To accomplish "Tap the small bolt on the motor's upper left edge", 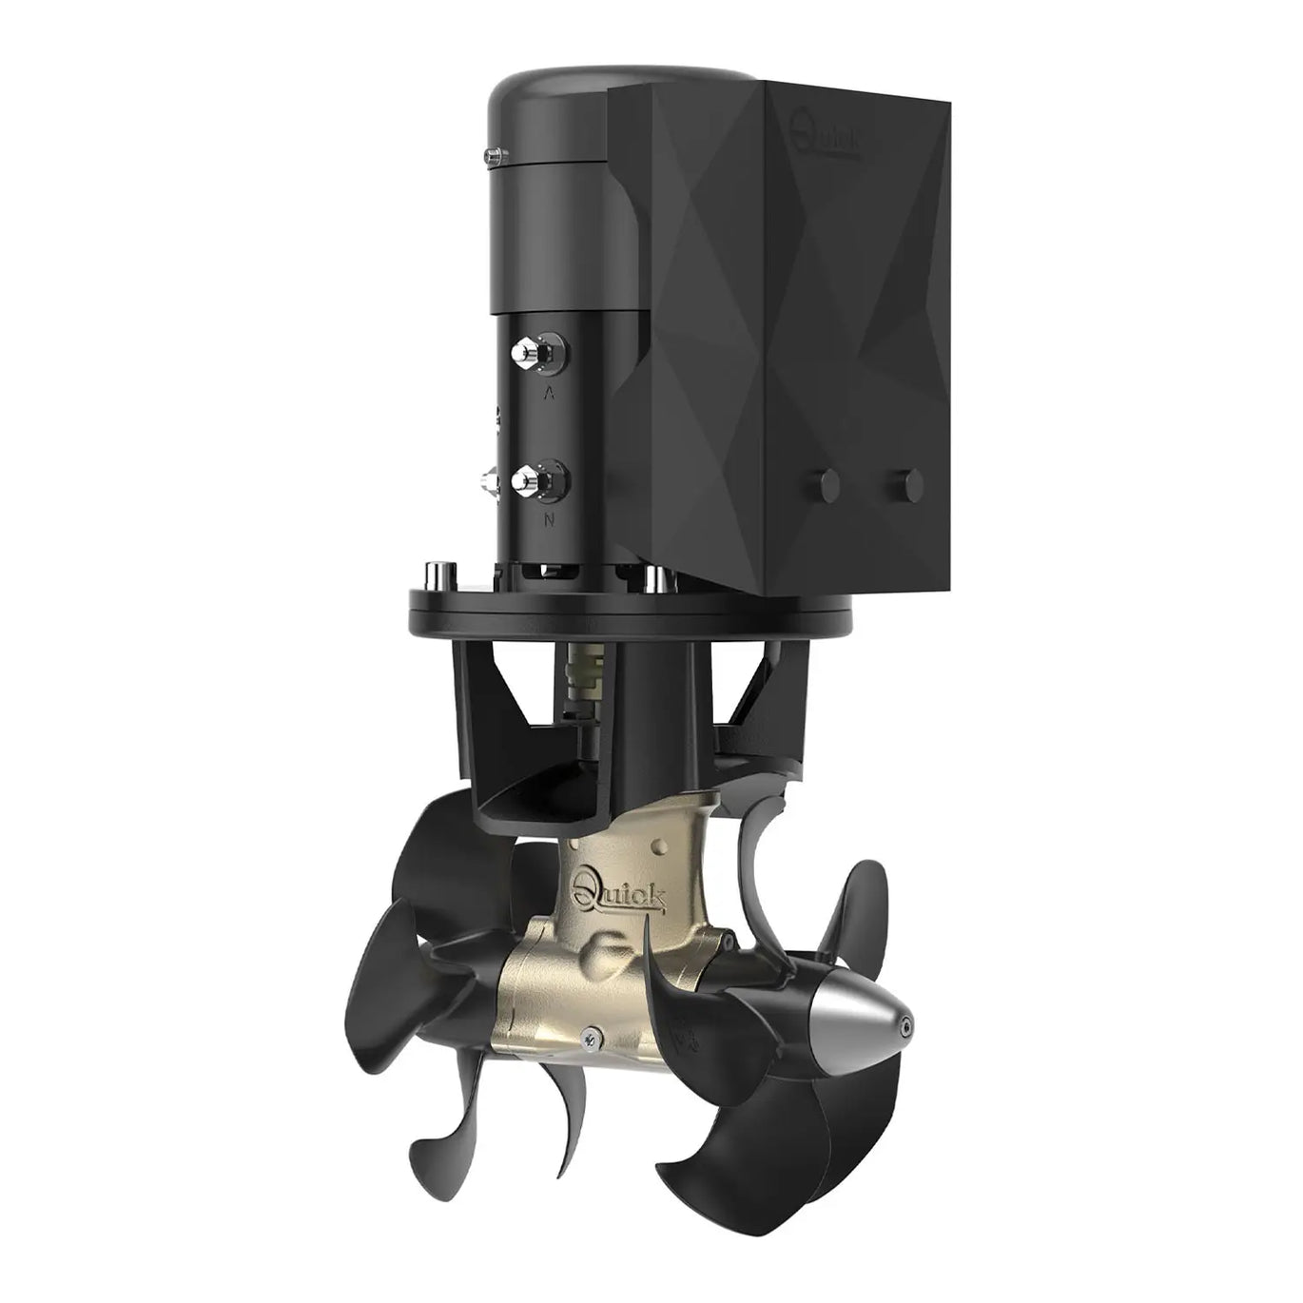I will (494, 153).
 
